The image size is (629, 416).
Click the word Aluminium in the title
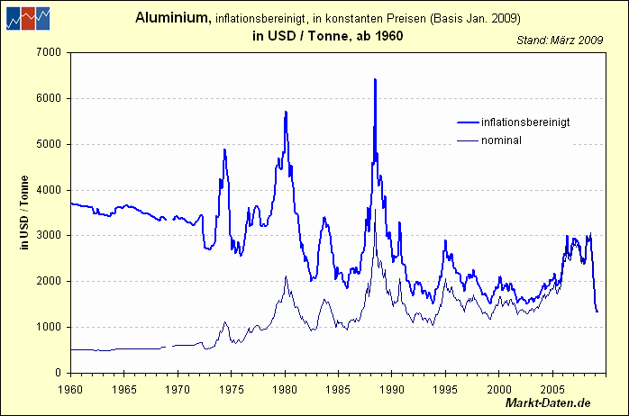(173, 18)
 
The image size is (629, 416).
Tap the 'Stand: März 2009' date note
(560, 40)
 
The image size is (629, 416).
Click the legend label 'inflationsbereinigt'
(525, 122)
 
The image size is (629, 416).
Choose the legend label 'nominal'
(502, 140)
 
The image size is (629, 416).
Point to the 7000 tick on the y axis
(47, 52)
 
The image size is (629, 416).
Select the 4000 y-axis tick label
(47, 190)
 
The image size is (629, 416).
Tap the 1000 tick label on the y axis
(47, 327)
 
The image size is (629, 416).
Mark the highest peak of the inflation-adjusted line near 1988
(375, 79)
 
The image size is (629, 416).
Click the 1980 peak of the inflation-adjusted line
(286, 112)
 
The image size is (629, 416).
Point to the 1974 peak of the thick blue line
(224, 149)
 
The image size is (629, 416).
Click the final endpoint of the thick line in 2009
(597, 312)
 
